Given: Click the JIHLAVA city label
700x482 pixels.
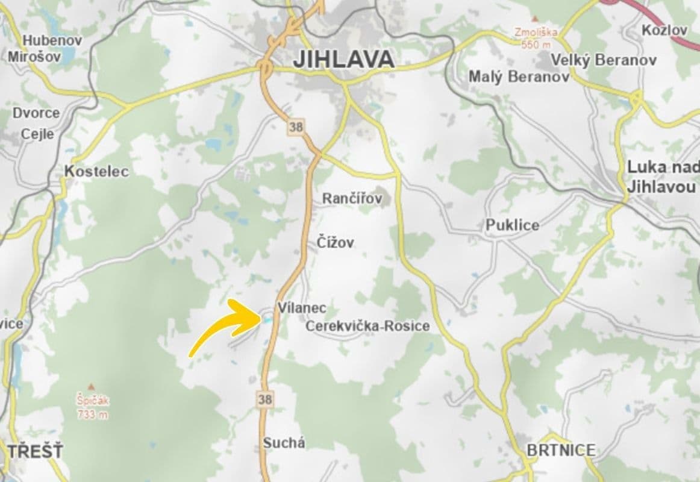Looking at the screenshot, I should click(343, 59).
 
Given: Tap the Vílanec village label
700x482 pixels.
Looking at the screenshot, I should click(302, 308).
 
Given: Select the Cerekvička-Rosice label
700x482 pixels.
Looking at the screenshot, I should click(367, 326).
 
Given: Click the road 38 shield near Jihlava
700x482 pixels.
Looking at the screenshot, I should click(296, 127).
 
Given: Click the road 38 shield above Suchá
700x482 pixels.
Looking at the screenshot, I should click(264, 398).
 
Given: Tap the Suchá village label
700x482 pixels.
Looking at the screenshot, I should click(284, 443).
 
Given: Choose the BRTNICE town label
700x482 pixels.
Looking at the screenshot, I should click(561, 450).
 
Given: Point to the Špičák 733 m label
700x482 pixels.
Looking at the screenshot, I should click(92, 407).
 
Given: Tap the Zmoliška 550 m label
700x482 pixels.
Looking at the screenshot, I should click(536, 38).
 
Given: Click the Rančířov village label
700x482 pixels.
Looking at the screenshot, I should click(352, 198).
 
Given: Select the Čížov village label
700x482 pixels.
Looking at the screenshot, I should click(335, 243).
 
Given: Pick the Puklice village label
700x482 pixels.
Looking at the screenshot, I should click(512, 225).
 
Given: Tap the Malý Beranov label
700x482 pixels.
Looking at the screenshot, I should click(519, 77).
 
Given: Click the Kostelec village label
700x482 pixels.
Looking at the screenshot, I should click(96, 172).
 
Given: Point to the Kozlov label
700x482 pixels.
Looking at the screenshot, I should click(664, 30).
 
